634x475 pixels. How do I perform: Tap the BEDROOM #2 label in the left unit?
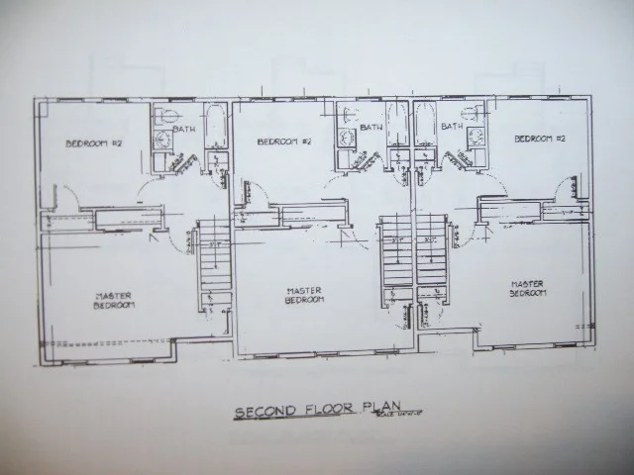tap(93, 142)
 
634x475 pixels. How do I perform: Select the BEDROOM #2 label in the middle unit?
tap(284, 142)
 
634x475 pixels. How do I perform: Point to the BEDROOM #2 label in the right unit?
tap(539, 139)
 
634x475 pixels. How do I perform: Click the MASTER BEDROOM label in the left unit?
tap(115, 301)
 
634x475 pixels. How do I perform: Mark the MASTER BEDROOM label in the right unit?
tap(526, 289)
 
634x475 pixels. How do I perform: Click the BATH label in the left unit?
tap(185, 129)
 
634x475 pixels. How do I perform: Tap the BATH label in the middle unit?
tap(371, 127)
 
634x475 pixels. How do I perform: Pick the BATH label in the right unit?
tap(452, 126)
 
